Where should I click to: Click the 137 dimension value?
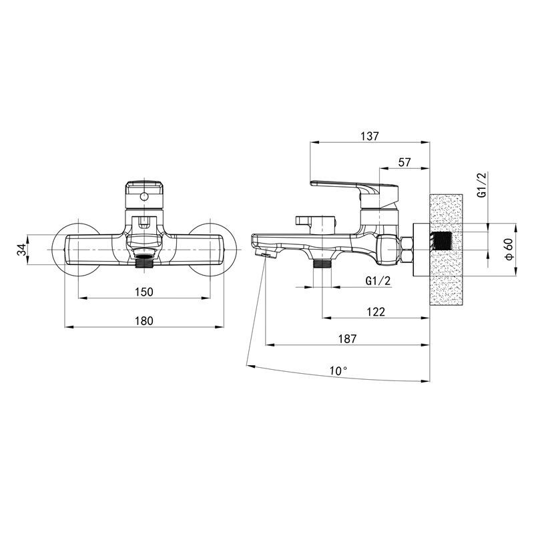(370, 136)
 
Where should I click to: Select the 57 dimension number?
(405, 162)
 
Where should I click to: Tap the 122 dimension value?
(376, 312)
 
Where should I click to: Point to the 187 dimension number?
(347, 339)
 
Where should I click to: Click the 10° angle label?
(338, 370)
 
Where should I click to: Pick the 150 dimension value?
(144, 292)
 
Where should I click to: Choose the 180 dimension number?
(144, 321)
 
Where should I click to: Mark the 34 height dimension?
(21, 250)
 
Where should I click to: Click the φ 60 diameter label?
(509, 249)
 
